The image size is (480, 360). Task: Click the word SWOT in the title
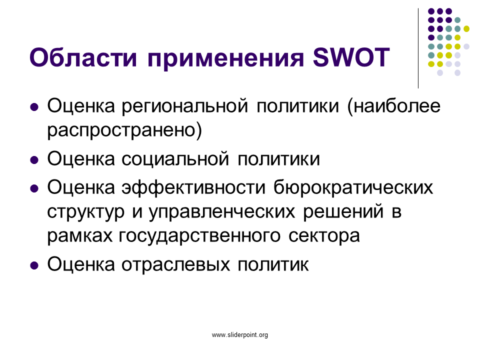[x=351, y=57]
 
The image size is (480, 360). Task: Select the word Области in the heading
[x=83, y=57]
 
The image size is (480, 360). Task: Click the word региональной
[x=185, y=106]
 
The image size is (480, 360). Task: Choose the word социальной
[x=175, y=159]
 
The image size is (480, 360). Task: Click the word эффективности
[x=193, y=187]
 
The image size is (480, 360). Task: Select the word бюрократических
[x=353, y=187]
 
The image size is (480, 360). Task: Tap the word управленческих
[x=222, y=212]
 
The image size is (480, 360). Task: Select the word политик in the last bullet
[x=273, y=264]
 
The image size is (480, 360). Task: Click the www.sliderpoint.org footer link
[x=240, y=335]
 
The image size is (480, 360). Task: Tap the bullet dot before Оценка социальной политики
[x=34, y=160]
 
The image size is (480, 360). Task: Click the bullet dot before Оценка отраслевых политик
[x=34, y=265]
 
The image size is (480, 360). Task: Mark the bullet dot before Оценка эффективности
[x=34, y=188]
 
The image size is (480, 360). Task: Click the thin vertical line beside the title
[x=418, y=48]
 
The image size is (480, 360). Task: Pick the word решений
[x=343, y=212]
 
